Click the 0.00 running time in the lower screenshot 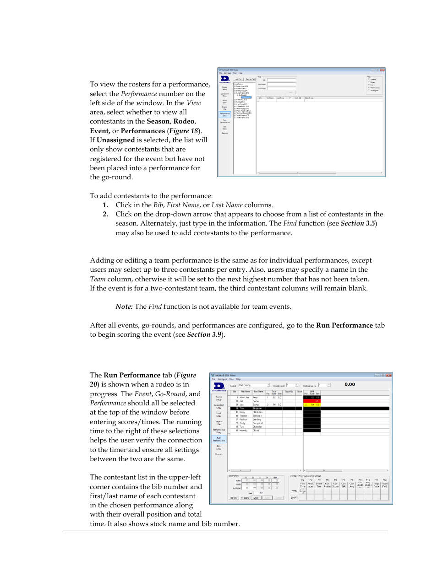[350, 384]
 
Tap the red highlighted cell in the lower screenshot [311, 401]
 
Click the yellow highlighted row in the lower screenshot [311, 405]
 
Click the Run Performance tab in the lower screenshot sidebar [219, 439]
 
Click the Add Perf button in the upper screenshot [239, 79]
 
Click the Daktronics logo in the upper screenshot [225, 79]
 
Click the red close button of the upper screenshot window [382, 70]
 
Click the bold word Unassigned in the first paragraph [115, 140]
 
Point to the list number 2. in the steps [105, 214]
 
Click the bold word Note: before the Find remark [124, 307]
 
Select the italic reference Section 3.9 [204, 334]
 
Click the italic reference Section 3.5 [358, 223]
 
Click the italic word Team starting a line [98, 279]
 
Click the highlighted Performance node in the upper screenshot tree [246, 97]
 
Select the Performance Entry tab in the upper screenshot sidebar [224, 114]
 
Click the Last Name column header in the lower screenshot [259, 392]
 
